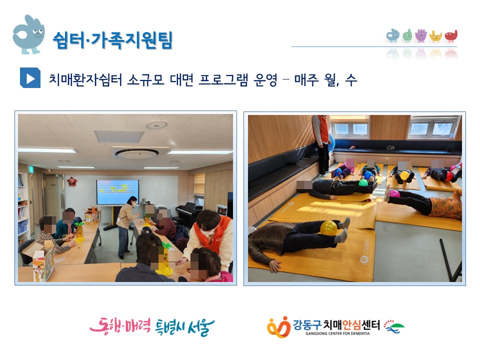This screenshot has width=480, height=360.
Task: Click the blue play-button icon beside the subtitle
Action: point(30,78)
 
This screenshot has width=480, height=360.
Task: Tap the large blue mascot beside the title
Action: point(28,34)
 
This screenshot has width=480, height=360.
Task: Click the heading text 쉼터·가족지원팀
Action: point(112,40)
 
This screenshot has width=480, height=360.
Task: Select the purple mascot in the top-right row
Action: point(421,35)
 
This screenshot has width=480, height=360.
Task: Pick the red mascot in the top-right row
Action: point(451,36)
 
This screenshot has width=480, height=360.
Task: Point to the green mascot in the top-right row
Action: point(407,35)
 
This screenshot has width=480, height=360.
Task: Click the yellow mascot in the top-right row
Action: point(435,36)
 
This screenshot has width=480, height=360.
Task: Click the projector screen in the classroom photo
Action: point(117,192)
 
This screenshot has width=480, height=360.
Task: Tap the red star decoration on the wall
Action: point(72,181)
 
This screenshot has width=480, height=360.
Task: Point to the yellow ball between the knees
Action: point(329,228)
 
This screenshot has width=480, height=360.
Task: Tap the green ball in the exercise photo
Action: point(363,183)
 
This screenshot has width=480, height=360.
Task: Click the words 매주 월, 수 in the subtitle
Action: point(325,80)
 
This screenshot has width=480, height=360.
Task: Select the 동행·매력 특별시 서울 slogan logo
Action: point(152,326)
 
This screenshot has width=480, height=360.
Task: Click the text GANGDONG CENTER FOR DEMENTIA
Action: point(337,333)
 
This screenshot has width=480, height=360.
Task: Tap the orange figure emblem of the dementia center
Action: point(278,327)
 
